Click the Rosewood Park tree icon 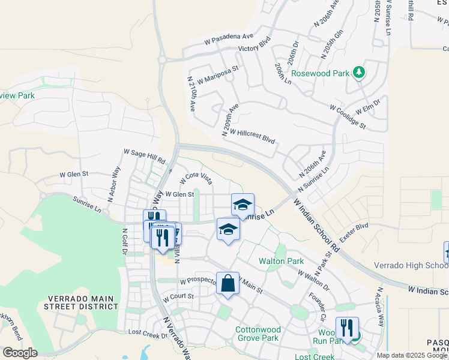click(359, 73)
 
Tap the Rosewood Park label click(320, 73)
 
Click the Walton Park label click(281, 261)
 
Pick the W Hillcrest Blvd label click(252, 136)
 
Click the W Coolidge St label click(347, 116)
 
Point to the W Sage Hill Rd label click(144, 157)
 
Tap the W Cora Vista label click(196, 178)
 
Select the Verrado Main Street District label click(81, 302)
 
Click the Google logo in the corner click(20, 353)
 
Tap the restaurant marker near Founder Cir click(347, 328)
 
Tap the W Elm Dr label click(368, 107)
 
